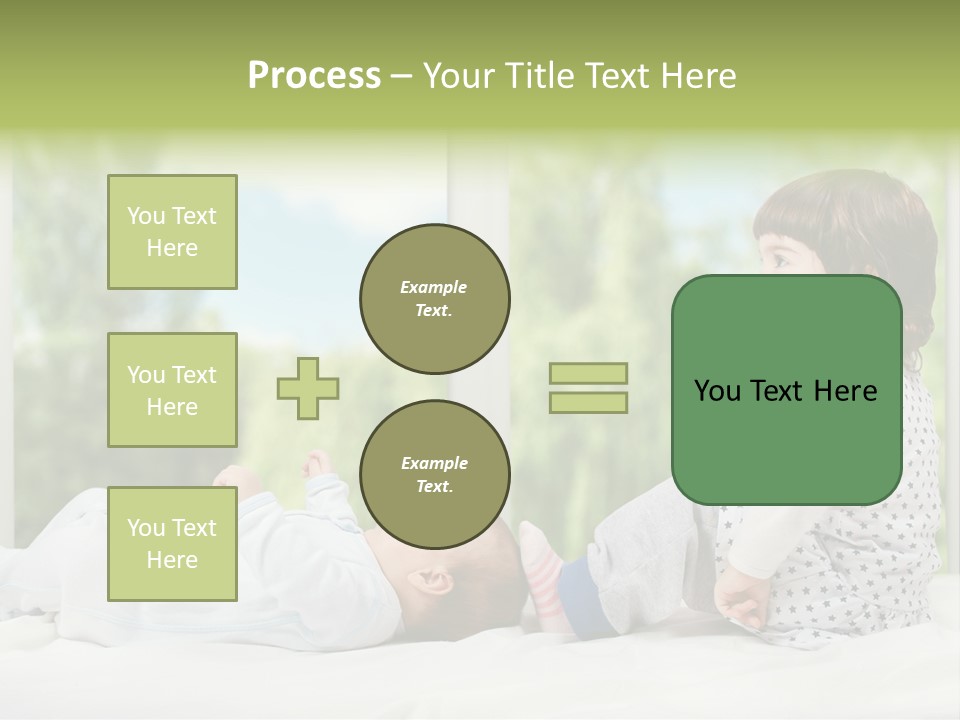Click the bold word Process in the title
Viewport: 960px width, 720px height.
coord(314,76)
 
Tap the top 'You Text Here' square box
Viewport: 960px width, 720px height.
coord(172,232)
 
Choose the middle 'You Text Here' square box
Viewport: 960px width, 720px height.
coord(172,390)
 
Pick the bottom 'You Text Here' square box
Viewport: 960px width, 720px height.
coord(172,543)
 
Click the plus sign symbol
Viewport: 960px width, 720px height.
coord(308,388)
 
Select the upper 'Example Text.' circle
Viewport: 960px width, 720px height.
coord(434,299)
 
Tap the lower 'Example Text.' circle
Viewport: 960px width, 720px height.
coord(434,475)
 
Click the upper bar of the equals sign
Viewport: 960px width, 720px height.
coord(588,373)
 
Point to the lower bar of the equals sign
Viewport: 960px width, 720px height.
coord(588,403)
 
